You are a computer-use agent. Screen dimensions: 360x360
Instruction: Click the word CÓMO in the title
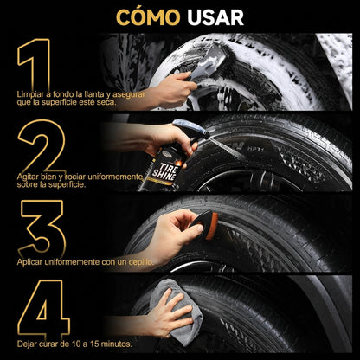148,17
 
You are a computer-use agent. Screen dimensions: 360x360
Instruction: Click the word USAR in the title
215,18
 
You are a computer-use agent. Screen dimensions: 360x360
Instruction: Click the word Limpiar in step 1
29,94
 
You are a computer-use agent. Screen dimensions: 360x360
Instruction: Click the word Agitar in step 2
28,177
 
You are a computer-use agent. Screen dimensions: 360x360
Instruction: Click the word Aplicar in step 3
29,262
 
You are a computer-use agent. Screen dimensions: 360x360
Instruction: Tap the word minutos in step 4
116,344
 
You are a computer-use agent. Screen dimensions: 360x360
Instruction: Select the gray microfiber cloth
176,312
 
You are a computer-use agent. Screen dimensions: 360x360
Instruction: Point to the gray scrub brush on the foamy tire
209,62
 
